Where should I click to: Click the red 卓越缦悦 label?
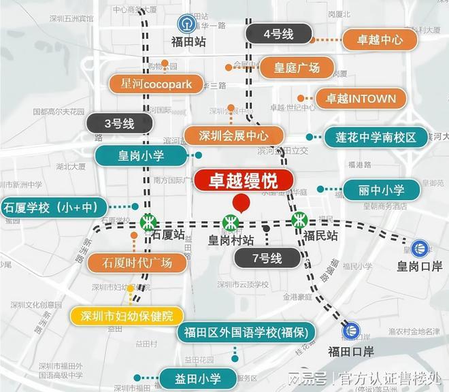[244, 181]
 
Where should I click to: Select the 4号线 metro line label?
[278, 33]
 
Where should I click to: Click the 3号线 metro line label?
[119, 123]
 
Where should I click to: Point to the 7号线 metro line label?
[267, 258]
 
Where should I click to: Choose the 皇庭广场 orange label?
[297, 67]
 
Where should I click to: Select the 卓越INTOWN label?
[361, 99]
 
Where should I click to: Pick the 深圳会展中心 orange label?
[233, 135]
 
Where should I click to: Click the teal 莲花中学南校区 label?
[375, 137]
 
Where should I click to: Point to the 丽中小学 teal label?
[381, 190]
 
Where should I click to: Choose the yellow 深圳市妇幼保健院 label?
[127, 316]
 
